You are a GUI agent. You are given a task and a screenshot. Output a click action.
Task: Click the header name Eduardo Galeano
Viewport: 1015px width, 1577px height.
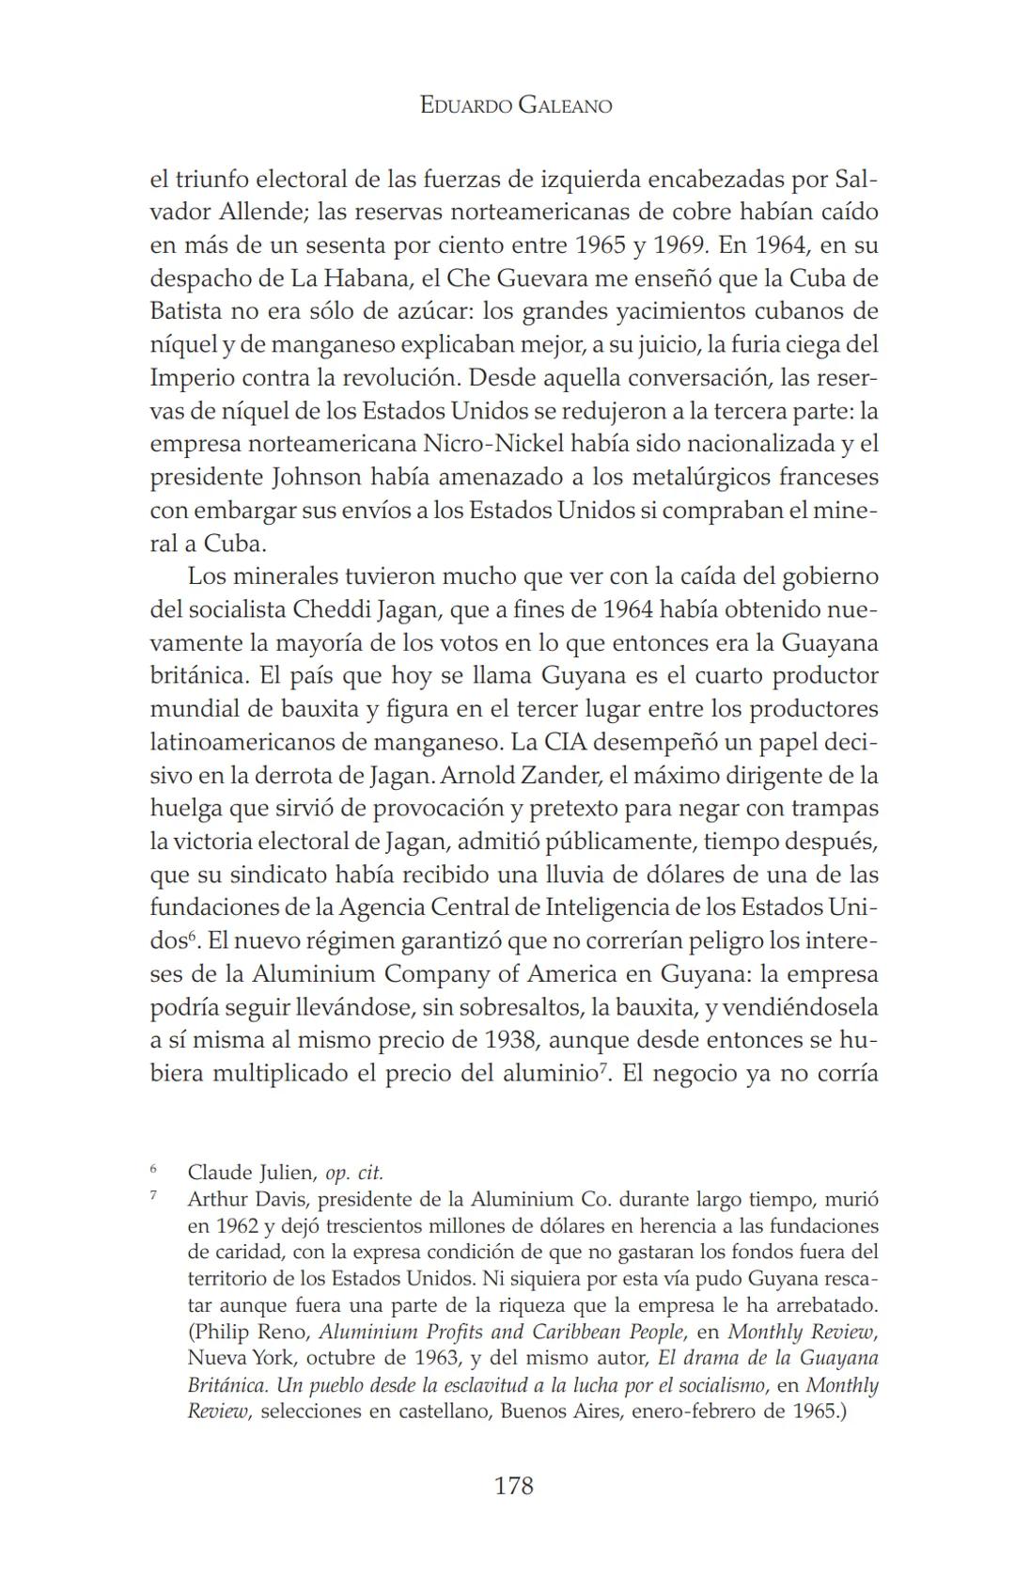tap(516, 106)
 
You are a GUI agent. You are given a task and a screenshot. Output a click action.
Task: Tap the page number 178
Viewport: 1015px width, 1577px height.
tap(513, 1486)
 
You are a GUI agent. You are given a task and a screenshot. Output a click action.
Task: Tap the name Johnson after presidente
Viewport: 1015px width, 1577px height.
tap(316, 477)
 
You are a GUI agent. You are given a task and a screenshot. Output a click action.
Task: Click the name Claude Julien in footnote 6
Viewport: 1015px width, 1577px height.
tap(248, 1173)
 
